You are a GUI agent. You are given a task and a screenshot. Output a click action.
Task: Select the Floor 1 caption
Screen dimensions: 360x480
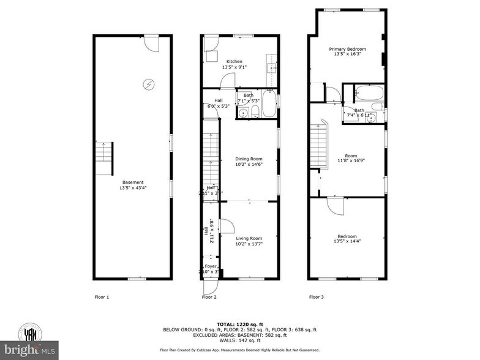[101, 297]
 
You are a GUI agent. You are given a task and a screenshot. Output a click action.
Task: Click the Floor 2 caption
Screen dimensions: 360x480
[209, 297]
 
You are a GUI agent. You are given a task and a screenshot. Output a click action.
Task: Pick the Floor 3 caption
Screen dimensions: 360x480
[316, 297]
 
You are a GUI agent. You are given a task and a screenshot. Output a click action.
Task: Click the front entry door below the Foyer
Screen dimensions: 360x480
[209, 285]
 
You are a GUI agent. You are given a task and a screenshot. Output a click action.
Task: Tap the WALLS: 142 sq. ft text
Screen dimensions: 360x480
[239, 341]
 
